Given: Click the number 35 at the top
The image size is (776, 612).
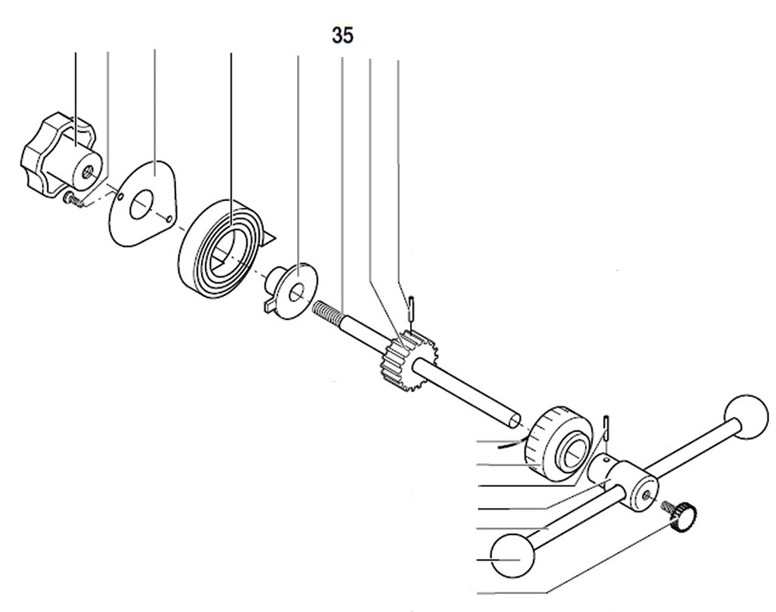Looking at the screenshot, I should coord(343,36).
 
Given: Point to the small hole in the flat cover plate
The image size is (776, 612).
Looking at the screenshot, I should coord(168,219).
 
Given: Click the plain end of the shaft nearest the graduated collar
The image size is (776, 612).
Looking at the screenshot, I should coord(514,420).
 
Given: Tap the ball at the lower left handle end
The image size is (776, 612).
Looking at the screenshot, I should coord(514,556).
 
